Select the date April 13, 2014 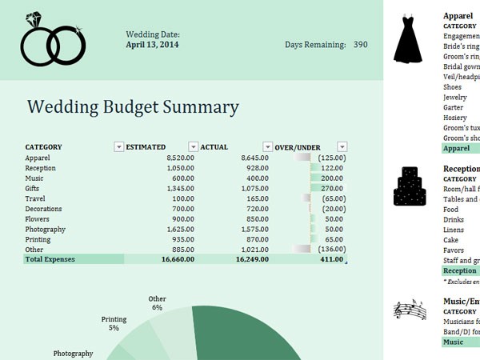(153, 46)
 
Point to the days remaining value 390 (360, 45)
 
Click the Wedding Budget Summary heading (133, 107)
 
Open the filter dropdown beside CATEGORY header (119, 147)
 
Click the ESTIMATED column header (146, 147)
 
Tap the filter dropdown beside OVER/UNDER (342, 147)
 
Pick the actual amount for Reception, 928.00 (255, 169)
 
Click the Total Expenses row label (50, 259)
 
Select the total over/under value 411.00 (330, 259)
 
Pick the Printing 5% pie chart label (114, 324)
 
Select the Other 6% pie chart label (157, 303)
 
